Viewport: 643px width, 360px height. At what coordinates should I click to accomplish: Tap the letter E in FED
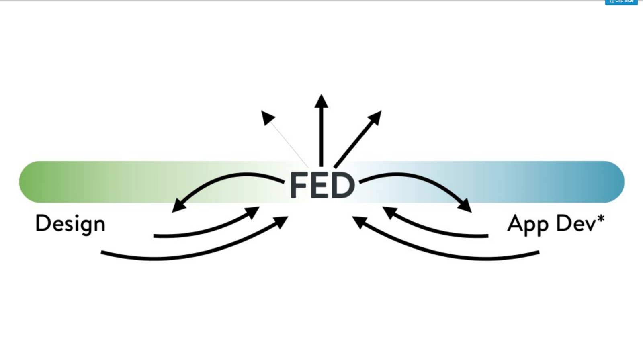(320, 185)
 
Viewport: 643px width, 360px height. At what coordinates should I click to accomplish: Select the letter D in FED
(344, 185)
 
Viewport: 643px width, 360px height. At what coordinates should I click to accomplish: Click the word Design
(70, 224)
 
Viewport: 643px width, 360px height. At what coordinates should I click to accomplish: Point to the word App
(526, 224)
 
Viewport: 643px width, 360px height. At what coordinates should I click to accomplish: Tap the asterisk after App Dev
(601, 219)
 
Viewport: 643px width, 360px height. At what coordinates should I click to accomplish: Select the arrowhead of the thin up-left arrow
(267, 117)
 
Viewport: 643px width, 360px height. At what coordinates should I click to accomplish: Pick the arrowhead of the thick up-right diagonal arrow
(375, 118)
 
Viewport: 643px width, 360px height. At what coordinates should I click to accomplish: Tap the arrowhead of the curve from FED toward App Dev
(465, 205)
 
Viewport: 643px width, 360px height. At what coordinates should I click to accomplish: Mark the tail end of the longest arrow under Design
(102, 252)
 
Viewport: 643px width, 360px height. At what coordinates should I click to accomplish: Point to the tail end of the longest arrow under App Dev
(538, 252)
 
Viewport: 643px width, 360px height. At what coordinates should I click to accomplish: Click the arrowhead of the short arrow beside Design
(253, 211)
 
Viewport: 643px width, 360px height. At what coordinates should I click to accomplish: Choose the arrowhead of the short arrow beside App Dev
(389, 212)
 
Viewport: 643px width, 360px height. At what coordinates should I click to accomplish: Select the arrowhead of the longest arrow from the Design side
(282, 221)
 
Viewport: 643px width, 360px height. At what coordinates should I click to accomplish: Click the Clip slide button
(621, 2)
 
